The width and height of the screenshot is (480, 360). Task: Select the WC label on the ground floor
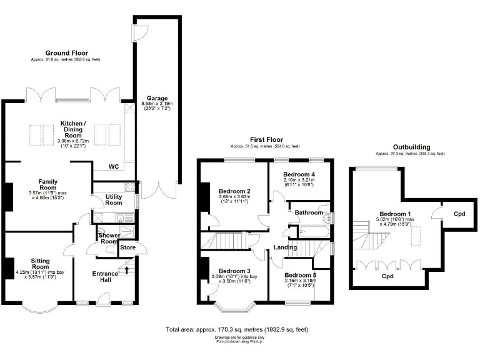[114, 167]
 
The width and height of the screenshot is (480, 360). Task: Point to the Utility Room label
[114, 199]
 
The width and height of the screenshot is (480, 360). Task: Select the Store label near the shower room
[127, 248]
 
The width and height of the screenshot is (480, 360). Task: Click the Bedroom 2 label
[235, 191]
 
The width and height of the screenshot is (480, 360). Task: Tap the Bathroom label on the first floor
[309, 213]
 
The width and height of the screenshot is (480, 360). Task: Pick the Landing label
[285, 248]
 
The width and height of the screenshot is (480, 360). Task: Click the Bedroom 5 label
[300, 275]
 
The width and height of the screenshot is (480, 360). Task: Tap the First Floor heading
[266, 139]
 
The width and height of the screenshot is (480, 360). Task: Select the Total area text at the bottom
[236, 329]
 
